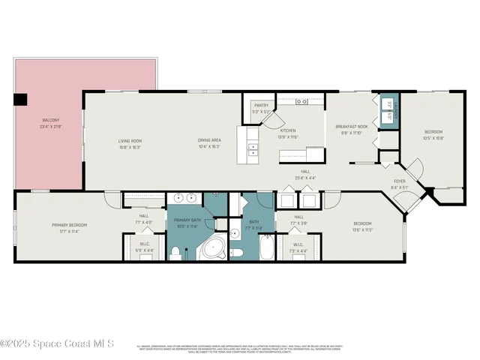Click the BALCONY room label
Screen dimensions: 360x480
tap(51, 121)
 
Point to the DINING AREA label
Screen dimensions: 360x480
tap(209, 140)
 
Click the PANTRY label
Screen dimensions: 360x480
tap(261, 106)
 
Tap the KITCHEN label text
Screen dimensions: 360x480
tap(288, 130)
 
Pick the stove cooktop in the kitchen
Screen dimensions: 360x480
tap(304, 101)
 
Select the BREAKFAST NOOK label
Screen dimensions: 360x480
tap(351, 127)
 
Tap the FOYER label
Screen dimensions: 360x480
tap(400, 181)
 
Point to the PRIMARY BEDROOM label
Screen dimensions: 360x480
tap(70, 225)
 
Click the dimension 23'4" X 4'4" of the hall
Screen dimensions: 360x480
tap(305, 178)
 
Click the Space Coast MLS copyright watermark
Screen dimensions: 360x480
tap(57, 343)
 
